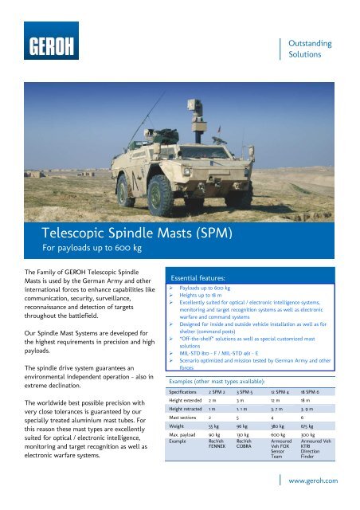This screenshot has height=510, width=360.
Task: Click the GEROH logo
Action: coord(50,45)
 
